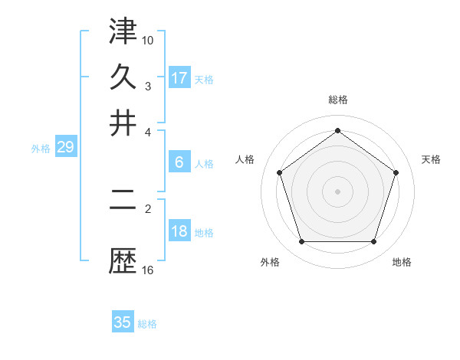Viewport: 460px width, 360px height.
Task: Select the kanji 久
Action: pos(123,77)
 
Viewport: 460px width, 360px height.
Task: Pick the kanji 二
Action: pos(123,208)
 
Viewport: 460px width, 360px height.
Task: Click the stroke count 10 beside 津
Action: pos(148,39)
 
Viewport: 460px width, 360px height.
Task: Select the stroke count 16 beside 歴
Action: pos(148,270)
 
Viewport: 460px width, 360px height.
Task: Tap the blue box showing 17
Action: pos(179,78)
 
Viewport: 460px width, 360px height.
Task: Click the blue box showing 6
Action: pos(179,162)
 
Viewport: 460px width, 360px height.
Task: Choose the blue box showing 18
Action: pos(179,231)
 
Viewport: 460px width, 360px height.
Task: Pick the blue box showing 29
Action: pos(65,147)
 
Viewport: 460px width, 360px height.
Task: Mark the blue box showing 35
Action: pos(123,322)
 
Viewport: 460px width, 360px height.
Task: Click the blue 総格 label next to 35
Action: pos(147,324)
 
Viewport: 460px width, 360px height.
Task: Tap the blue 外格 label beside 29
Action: pos(41,149)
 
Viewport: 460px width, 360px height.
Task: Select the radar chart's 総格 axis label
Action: pos(338,100)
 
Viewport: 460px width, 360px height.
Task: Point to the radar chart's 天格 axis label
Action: pos(432,159)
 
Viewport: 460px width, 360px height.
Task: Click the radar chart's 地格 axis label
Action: pos(402,262)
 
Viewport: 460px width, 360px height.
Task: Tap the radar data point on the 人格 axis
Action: pos(279,172)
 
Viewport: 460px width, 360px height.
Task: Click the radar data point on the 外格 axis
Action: pos(301,242)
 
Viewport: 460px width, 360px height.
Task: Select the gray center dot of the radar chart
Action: pos(338,191)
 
